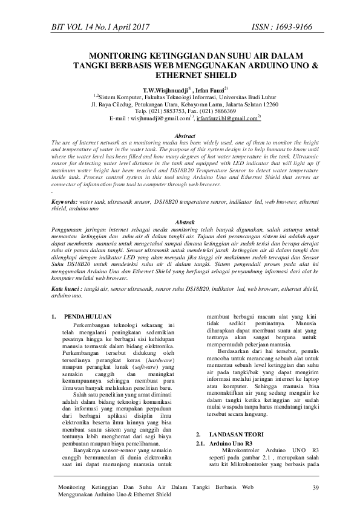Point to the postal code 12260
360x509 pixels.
(x=266, y=104)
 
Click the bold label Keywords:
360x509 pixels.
(x=65, y=184)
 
